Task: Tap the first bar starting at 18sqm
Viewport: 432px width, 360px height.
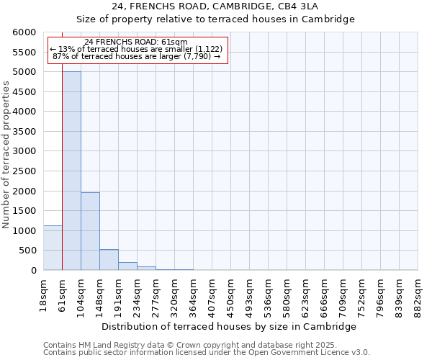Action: [53, 248]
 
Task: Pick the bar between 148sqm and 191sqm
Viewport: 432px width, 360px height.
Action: [109, 260]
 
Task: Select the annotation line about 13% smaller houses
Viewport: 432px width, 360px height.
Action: [137, 49]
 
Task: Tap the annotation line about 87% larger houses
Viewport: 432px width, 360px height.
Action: [137, 56]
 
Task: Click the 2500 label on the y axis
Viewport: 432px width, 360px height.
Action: [25, 171]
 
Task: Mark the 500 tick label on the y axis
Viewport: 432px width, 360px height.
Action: [28, 251]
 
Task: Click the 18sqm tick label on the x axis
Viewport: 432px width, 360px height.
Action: [44, 292]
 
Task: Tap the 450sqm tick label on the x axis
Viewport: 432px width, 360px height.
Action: [231, 294]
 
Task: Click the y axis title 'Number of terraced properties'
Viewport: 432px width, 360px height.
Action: [6, 155]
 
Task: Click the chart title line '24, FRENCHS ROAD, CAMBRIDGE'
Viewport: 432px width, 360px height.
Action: [215, 6]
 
